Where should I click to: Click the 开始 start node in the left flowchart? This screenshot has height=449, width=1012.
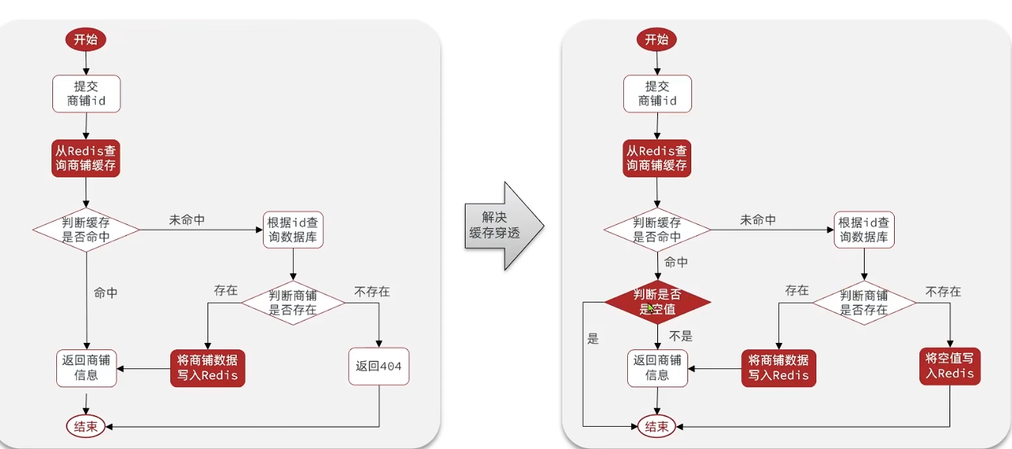tap(86, 40)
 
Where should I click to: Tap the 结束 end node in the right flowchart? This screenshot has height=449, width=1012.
tap(656, 427)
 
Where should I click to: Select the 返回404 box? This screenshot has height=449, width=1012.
tap(379, 366)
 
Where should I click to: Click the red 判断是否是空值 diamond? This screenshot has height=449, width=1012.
tap(657, 302)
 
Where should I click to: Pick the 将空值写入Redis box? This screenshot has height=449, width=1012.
tap(949, 365)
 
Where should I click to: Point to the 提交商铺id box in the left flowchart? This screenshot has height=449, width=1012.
tap(86, 93)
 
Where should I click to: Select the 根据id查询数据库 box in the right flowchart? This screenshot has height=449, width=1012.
tap(864, 230)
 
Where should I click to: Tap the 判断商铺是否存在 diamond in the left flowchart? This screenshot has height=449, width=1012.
tap(293, 303)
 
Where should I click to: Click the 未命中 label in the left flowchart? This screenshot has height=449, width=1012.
tap(187, 220)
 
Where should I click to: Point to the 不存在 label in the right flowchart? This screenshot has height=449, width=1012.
tap(943, 291)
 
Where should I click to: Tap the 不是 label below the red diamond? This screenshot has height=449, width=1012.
tap(681, 335)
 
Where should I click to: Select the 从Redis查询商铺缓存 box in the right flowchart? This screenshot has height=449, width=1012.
tap(656, 158)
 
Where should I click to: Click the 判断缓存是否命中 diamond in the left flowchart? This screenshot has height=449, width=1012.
tap(86, 230)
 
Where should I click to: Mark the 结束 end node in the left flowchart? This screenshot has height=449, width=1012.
tap(86, 427)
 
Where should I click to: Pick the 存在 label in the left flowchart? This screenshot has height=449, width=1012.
tap(226, 291)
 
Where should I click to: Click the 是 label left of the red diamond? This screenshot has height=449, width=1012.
tap(593, 339)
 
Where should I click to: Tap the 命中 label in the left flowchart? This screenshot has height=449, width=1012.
tap(105, 293)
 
